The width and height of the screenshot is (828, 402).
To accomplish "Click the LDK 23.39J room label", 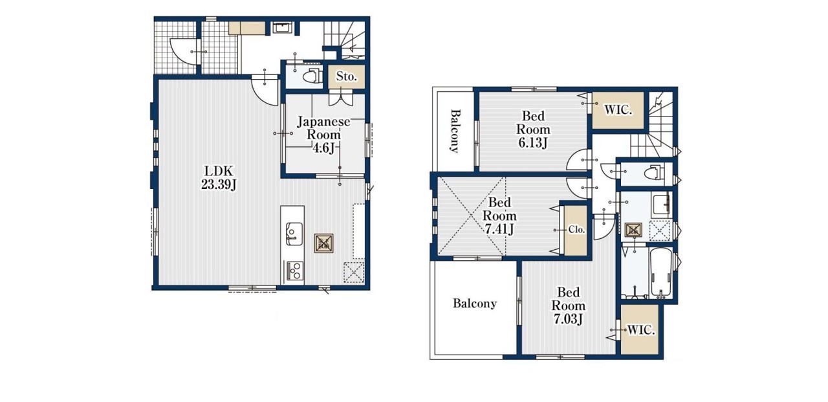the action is pyautogui.click(x=219, y=177).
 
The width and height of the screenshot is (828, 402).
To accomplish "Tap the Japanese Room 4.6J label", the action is pyautogui.click(x=323, y=135).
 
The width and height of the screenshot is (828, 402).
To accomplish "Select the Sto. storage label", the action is pyautogui.click(x=346, y=76).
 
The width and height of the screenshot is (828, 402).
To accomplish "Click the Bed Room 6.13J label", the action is pyautogui.click(x=533, y=129).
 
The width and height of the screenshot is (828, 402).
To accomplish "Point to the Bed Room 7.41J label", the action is pyautogui.click(x=499, y=216).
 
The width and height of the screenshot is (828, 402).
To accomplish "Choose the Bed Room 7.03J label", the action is pyautogui.click(x=568, y=306).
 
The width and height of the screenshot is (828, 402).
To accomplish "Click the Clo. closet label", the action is pyautogui.click(x=576, y=230).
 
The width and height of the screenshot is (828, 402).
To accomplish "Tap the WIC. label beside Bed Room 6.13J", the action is pyautogui.click(x=618, y=110).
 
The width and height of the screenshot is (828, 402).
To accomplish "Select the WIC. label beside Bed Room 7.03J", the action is pyautogui.click(x=641, y=330).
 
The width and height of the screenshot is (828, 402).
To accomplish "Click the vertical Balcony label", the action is pyautogui.click(x=455, y=131).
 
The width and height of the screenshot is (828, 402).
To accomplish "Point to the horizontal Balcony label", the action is pyautogui.click(x=475, y=304).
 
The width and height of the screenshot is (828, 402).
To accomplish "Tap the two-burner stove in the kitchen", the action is pyautogui.click(x=294, y=271).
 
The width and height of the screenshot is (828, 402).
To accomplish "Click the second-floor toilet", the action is pyautogui.click(x=654, y=173).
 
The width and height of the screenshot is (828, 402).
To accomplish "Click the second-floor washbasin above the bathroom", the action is pyautogui.click(x=662, y=205).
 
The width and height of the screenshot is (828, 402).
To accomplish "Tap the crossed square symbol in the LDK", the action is pyautogui.click(x=324, y=243).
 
